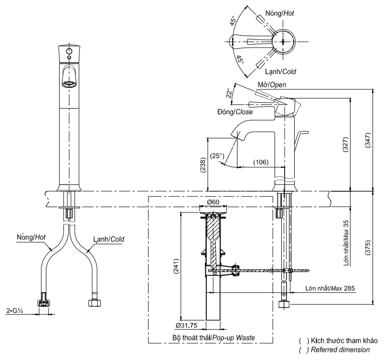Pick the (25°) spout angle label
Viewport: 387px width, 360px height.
coord(217,156)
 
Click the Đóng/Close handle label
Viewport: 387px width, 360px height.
coord(235,112)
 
